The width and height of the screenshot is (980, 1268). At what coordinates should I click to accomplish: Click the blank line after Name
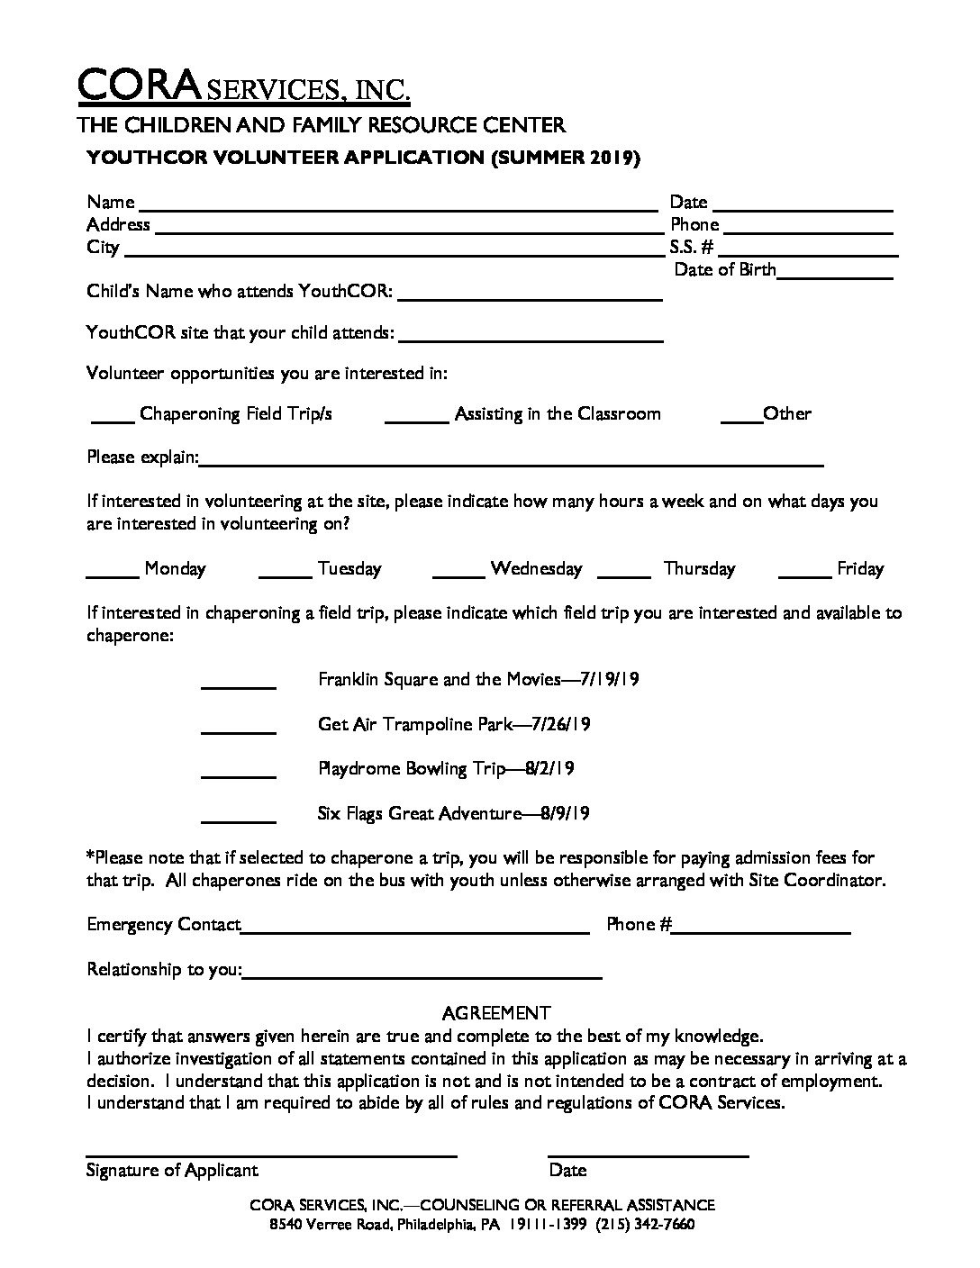click(396, 206)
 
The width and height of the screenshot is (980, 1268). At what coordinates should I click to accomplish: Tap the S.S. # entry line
click(806, 251)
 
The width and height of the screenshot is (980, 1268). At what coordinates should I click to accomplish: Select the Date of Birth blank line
click(835, 275)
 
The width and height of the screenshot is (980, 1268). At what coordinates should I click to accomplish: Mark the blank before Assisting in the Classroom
click(416, 418)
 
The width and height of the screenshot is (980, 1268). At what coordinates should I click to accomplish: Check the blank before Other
click(741, 418)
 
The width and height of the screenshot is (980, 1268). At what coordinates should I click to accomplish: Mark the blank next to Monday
click(112, 573)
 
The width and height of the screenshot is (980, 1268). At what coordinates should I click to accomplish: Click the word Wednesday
click(536, 569)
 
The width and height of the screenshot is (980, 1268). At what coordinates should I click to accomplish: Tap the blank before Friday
click(804, 573)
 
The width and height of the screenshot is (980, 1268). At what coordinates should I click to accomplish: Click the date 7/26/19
click(561, 724)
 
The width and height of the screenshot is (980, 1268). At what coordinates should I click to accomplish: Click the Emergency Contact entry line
click(415, 929)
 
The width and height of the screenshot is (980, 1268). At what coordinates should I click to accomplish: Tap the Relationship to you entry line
click(422, 974)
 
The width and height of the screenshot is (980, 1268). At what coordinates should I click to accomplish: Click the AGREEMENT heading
click(496, 1013)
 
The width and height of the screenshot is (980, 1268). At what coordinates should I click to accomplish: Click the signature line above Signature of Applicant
click(271, 1153)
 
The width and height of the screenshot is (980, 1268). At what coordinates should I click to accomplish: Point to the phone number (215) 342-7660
click(645, 1225)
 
